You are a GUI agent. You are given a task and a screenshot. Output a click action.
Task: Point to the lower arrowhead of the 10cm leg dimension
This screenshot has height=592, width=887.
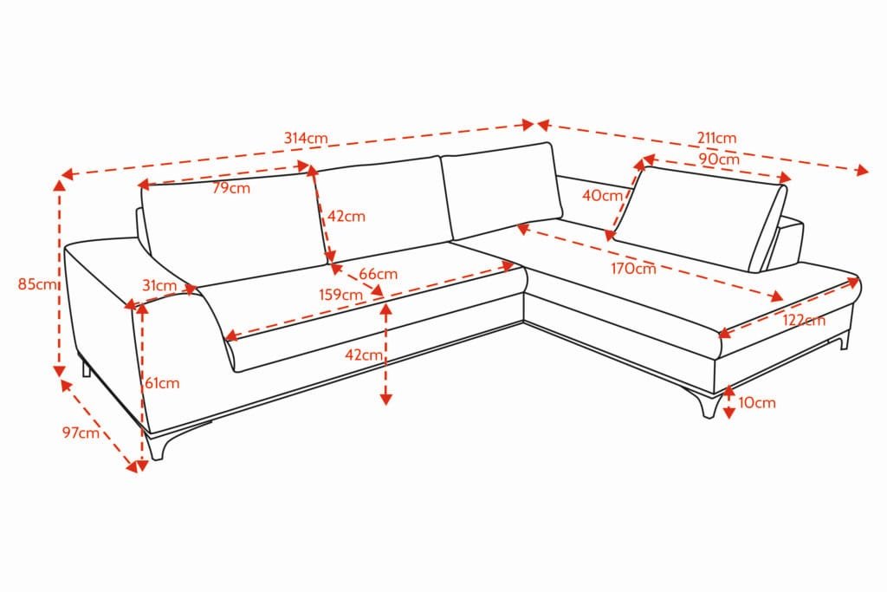pos(729,413)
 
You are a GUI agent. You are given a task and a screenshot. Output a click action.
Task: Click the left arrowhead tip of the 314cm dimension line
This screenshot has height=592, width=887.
pos(62,174)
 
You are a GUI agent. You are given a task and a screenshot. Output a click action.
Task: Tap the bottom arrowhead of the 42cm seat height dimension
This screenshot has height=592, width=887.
pos(385,400)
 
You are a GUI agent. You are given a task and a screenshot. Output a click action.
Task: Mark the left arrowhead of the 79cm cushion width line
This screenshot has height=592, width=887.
pos(139,185)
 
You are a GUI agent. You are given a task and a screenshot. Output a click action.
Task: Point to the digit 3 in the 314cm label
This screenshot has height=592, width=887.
pos(288,138)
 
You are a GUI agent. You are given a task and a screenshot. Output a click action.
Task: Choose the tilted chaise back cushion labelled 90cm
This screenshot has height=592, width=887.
pos(700,218)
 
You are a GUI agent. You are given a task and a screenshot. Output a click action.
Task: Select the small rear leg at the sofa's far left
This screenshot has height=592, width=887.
pos(87,367)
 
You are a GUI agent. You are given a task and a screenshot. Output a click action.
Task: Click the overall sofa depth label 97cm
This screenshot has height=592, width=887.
pos(81,433)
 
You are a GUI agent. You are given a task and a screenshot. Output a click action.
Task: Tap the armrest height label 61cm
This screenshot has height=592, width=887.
pos(162,383)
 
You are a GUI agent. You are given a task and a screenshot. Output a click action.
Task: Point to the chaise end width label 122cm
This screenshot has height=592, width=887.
pos(804,321)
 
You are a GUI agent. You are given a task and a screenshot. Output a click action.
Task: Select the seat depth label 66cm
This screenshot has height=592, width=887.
pos(378,274)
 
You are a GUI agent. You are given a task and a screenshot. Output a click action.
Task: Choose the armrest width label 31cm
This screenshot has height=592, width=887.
pos(159,285)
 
